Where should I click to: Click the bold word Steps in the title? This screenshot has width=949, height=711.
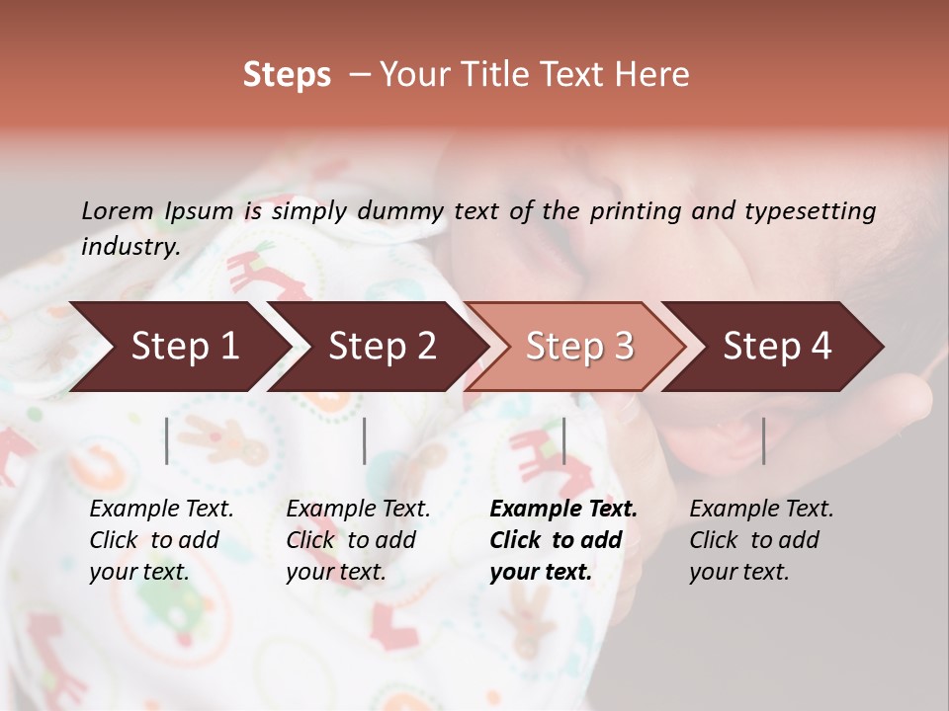pyautogui.click(x=287, y=75)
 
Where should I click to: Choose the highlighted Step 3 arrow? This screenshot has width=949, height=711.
pyautogui.click(x=579, y=347)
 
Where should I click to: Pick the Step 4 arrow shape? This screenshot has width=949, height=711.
pyautogui.click(x=777, y=347)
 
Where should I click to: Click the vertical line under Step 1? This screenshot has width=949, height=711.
pyautogui.click(x=167, y=440)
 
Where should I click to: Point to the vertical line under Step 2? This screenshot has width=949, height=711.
pyautogui.click(x=365, y=440)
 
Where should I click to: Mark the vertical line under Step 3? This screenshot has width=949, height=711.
pyautogui.click(x=564, y=440)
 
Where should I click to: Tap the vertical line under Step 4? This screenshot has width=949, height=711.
pyautogui.click(x=764, y=440)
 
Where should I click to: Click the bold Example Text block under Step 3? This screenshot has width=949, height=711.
pyautogui.click(x=563, y=540)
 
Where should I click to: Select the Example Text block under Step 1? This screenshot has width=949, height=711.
pyautogui.click(x=161, y=540)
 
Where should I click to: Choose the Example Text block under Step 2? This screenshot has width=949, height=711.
pyautogui.click(x=358, y=540)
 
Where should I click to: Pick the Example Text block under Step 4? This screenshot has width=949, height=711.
pyautogui.click(x=761, y=540)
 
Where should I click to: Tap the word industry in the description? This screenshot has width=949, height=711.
pyautogui.click(x=130, y=247)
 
